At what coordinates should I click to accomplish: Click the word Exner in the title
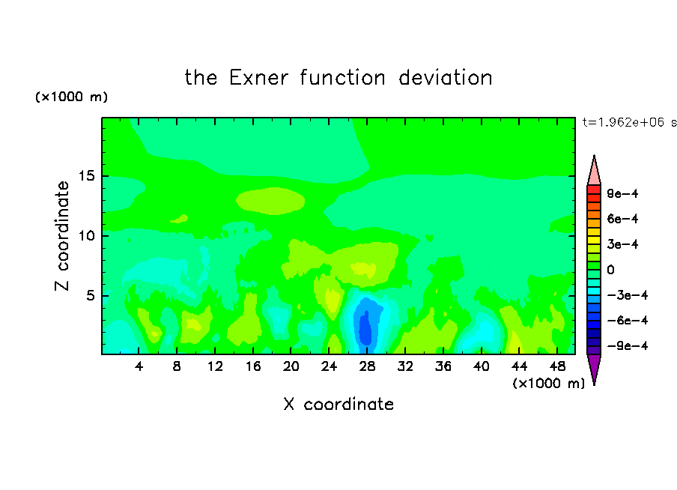(258, 78)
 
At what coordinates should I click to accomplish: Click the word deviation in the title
(445, 78)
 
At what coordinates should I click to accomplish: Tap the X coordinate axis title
(338, 404)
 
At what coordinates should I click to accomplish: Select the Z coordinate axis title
(62, 236)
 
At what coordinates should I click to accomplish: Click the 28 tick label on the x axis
(367, 366)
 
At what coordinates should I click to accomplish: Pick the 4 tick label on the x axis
(139, 366)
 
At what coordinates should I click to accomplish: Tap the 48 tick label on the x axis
(557, 366)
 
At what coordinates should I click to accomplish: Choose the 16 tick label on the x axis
(253, 366)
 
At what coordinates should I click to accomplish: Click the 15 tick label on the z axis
(87, 176)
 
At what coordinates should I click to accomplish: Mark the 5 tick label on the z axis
(90, 295)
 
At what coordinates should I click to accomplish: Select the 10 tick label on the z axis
(87, 235)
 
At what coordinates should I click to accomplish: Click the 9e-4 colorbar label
(622, 193)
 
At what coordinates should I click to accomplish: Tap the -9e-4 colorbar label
(628, 345)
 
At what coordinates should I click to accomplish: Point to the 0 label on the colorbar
(610, 270)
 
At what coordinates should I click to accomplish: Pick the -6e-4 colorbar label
(628, 320)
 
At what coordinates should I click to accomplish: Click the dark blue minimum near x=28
(365, 328)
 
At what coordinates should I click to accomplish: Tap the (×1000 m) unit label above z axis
(71, 97)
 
